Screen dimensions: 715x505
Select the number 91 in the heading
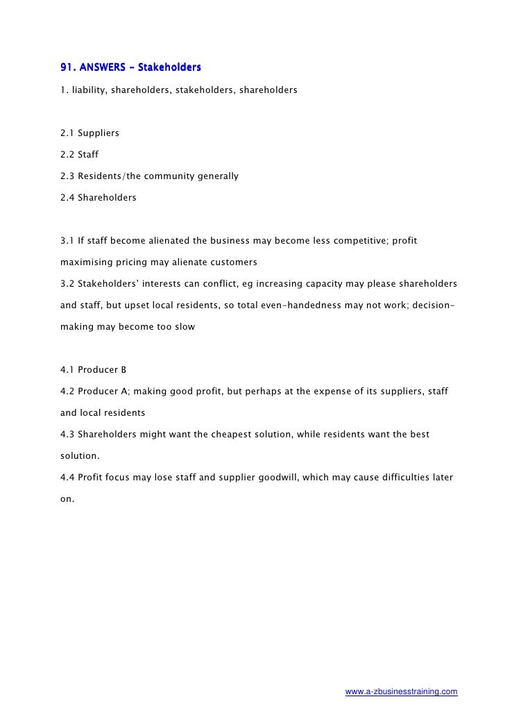tap(67, 68)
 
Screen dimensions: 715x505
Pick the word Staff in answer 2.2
tap(89, 154)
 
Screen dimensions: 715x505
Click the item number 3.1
tap(67, 241)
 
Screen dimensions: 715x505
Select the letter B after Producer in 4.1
tap(123, 371)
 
